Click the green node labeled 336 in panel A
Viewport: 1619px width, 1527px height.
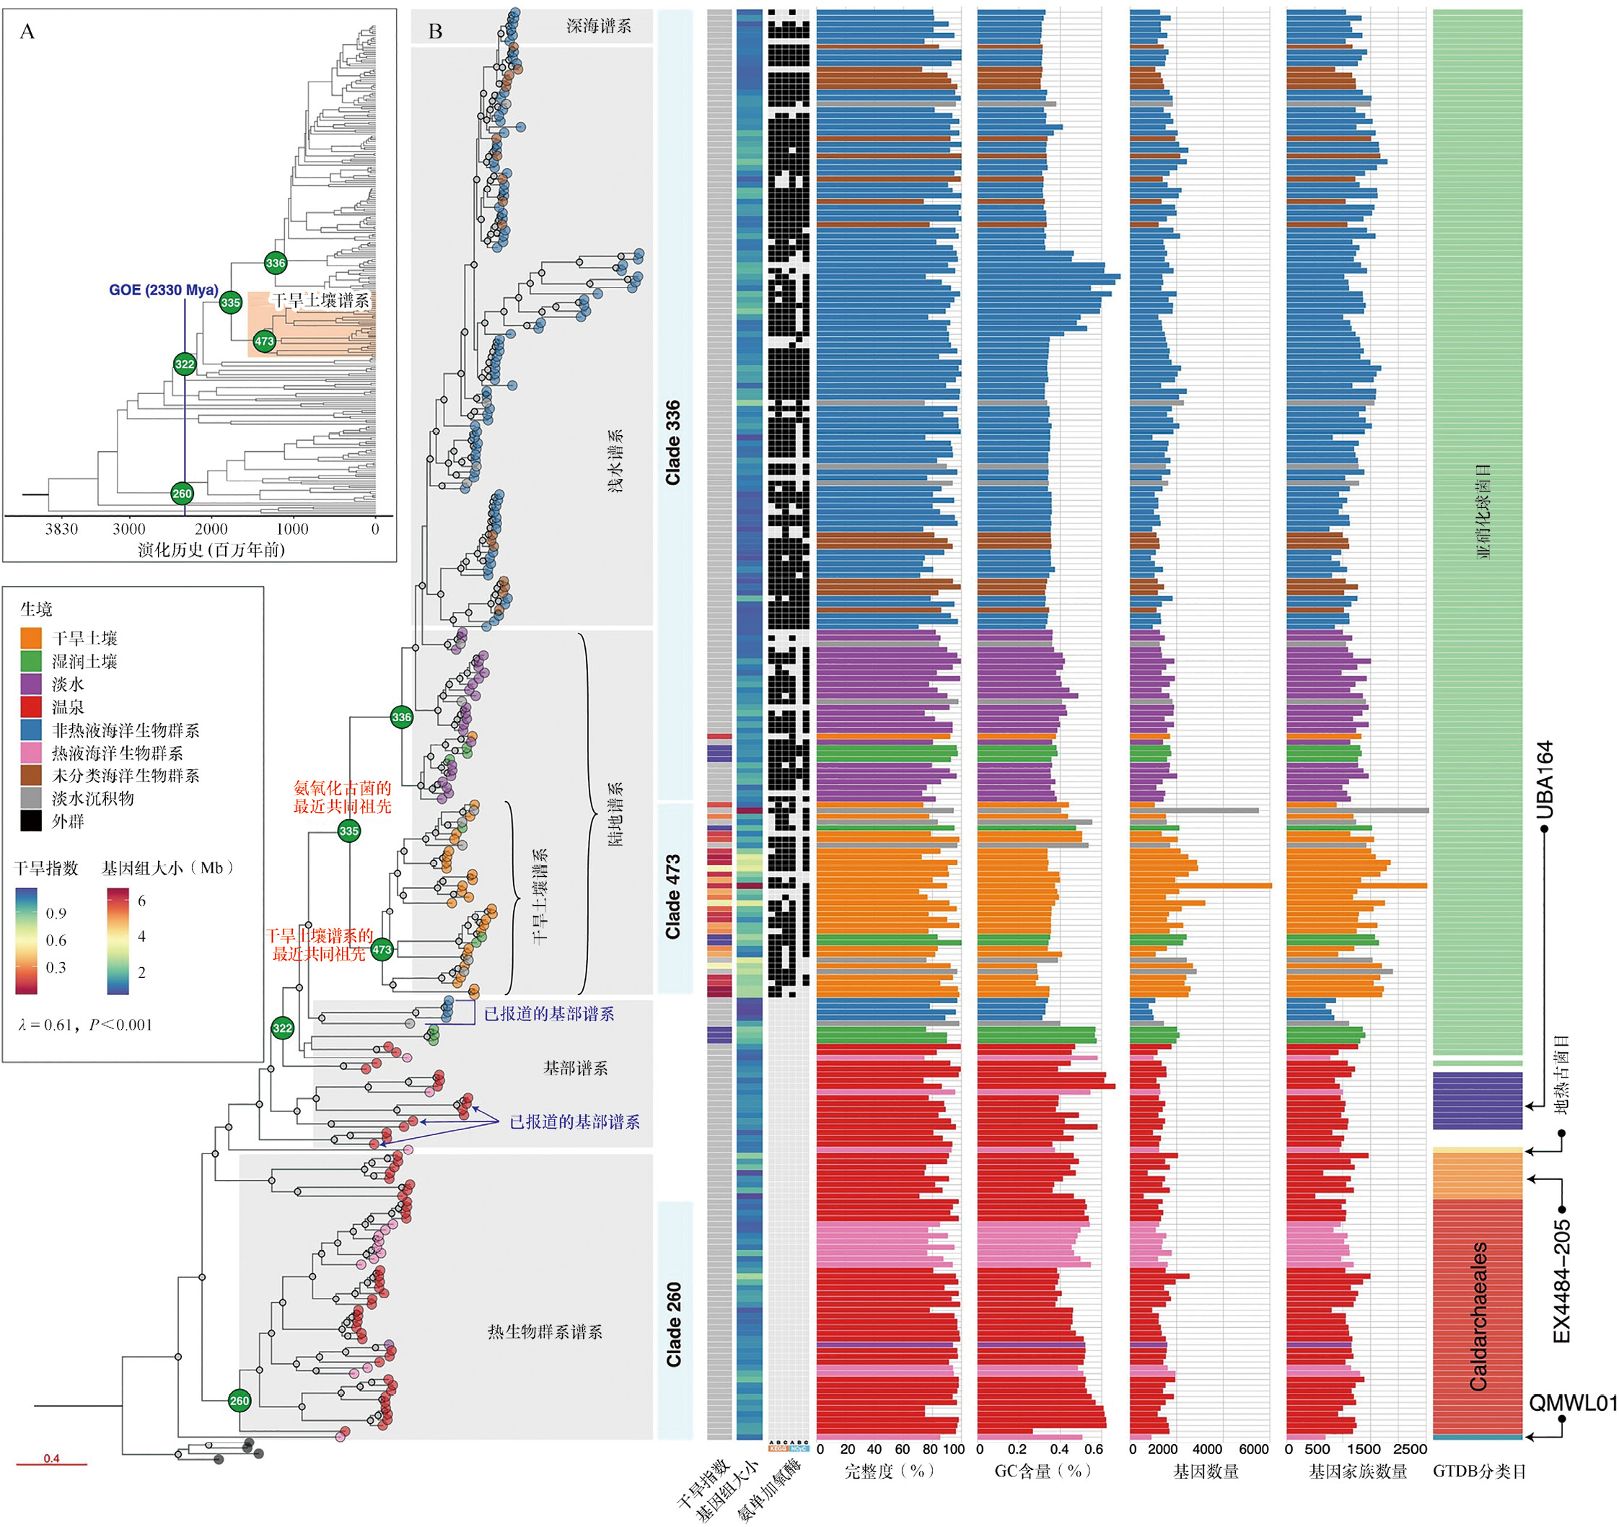coord(276,262)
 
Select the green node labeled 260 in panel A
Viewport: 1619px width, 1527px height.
coord(182,494)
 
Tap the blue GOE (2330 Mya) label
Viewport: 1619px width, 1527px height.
coord(164,290)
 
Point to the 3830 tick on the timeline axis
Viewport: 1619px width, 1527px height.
coord(61,530)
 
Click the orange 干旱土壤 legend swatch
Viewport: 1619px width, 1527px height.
coord(31,638)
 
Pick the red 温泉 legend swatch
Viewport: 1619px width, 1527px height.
coord(31,707)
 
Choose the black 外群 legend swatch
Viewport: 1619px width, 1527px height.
coord(31,821)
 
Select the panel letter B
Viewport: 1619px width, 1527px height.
coord(436,32)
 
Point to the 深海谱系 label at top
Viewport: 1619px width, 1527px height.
coord(599,26)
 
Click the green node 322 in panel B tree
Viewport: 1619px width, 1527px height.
coord(282,1028)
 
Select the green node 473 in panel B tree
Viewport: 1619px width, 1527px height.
coord(382,950)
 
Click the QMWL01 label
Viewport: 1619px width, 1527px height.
coord(1572,1402)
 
